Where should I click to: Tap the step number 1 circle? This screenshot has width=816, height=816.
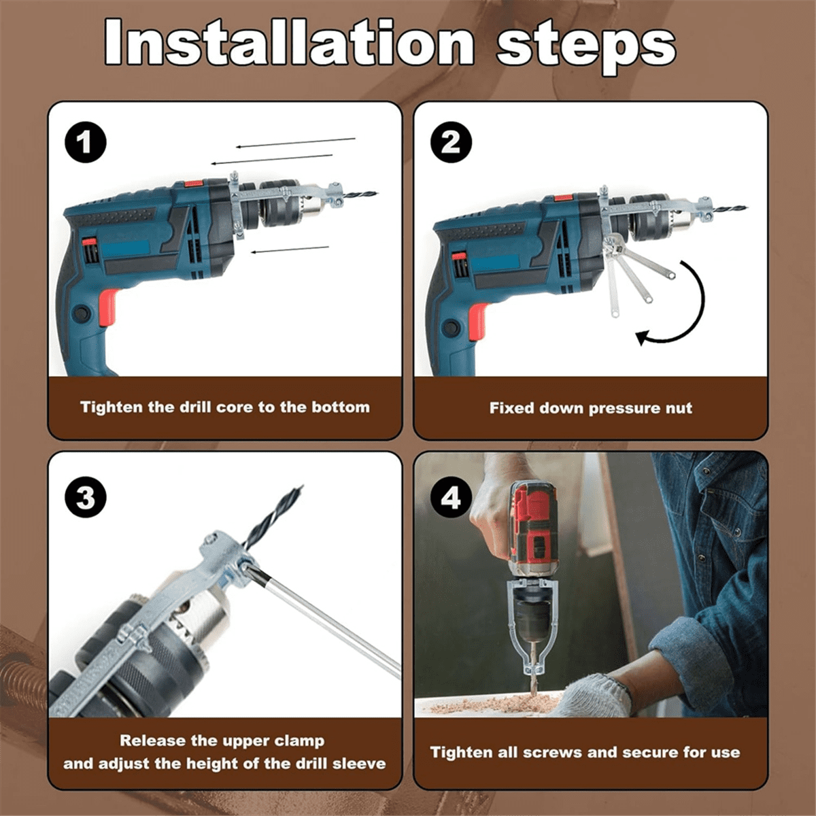tap(85, 143)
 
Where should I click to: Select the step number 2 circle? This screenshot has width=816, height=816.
tap(451, 143)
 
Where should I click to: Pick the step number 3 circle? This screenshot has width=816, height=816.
tap(85, 498)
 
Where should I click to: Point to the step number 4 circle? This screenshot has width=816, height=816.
tap(451, 498)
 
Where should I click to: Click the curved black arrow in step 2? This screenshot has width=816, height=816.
tap(687, 306)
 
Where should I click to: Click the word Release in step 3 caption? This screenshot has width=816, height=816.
tap(153, 741)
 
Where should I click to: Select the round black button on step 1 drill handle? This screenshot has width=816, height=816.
tap(82, 313)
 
